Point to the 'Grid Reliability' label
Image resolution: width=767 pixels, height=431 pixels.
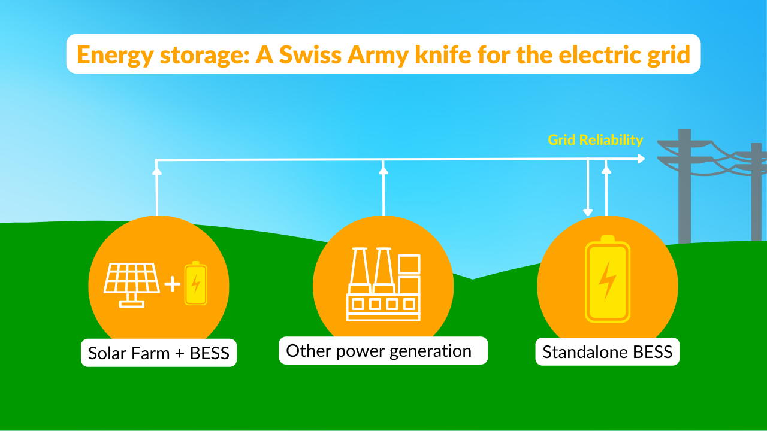595,140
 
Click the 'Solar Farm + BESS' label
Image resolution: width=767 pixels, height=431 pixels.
159,353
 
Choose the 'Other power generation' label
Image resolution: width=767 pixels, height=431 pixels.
379,350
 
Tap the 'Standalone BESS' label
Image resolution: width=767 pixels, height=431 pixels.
607,352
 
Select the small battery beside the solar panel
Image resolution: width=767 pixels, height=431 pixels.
195,283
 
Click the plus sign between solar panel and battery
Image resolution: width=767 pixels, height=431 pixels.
172,284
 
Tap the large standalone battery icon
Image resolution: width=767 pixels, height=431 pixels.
607,279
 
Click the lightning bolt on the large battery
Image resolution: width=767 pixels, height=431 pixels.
608,280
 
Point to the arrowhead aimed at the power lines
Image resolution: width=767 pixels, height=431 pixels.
641,159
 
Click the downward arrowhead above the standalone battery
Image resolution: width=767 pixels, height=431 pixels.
588,211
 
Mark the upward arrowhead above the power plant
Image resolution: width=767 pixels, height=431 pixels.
383,170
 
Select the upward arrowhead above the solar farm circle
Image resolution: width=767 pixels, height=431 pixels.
157,171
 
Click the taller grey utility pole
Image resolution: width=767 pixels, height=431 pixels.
684,186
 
